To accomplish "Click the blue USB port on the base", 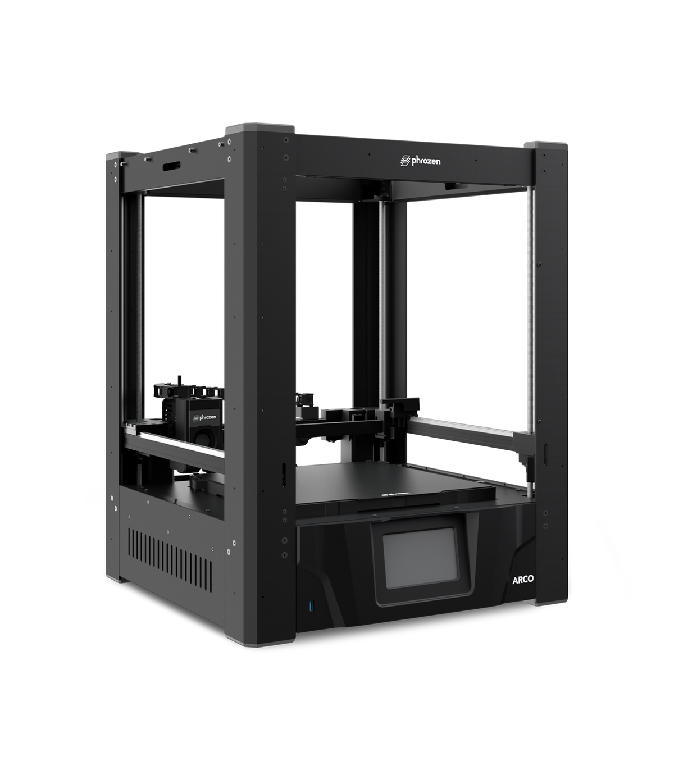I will tap(307, 606).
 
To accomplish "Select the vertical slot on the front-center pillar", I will tap(284, 475).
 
